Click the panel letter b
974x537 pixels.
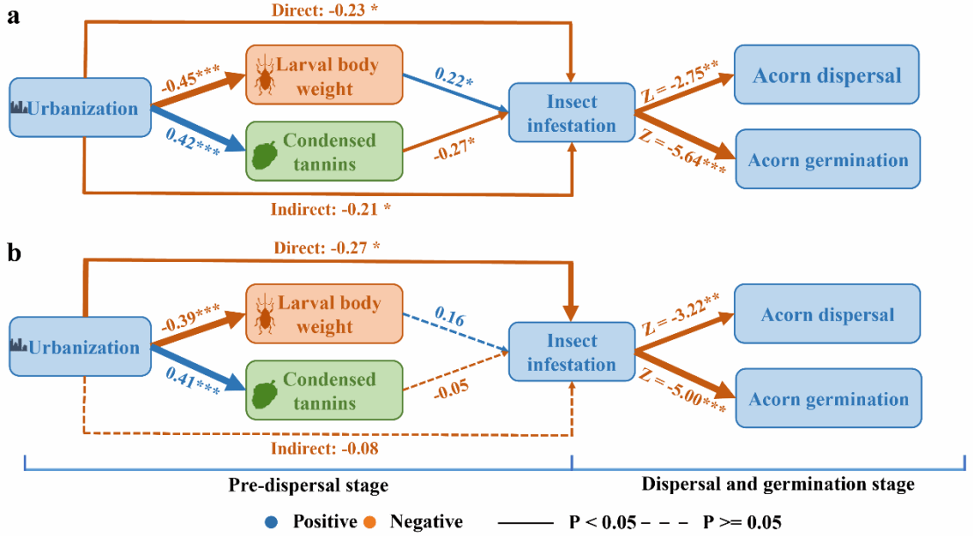pyautogui.click(x=14, y=254)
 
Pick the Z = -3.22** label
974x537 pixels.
pyautogui.click(x=679, y=314)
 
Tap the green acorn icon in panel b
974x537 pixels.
pyautogui.click(x=265, y=394)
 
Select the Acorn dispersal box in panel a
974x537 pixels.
pyautogui.click(x=826, y=76)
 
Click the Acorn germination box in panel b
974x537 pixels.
pyautogui.click(x=828, y=399)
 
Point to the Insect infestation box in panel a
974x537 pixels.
pyautogui.click(x=571, y=112)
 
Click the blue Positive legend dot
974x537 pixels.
pyautogui.click(x=274, y=522)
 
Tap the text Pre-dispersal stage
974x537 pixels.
pyautogui.click(x=308, y=485)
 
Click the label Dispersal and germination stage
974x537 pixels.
pyautogui.click(x=778, y=484)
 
